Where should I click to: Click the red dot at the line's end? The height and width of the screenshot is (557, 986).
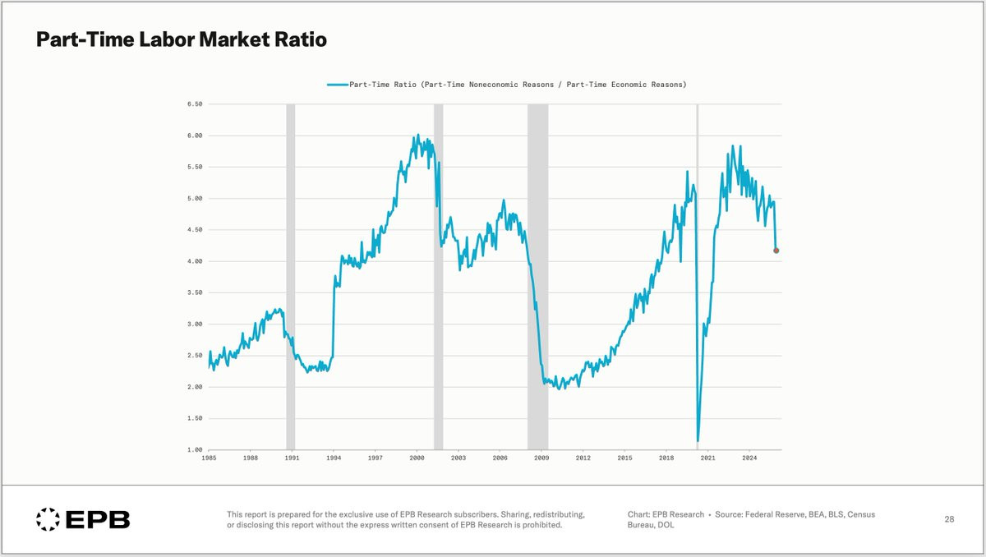[x=776, y=251]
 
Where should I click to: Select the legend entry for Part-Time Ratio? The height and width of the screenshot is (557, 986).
[x=506, y=85]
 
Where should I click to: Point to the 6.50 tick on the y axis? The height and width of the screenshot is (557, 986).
[x=194, y=104]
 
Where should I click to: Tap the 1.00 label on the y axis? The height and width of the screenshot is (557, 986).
[x=194, y=450]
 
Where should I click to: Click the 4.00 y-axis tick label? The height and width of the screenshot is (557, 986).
[x=194, y=261]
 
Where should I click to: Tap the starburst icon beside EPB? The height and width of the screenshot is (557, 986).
[x=48, y=519]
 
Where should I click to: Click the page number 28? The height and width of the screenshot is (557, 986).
[x=949, y=519]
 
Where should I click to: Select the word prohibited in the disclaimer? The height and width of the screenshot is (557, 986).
[x=538, y=525]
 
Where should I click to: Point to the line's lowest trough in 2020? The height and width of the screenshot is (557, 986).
[x=698, y=441]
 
